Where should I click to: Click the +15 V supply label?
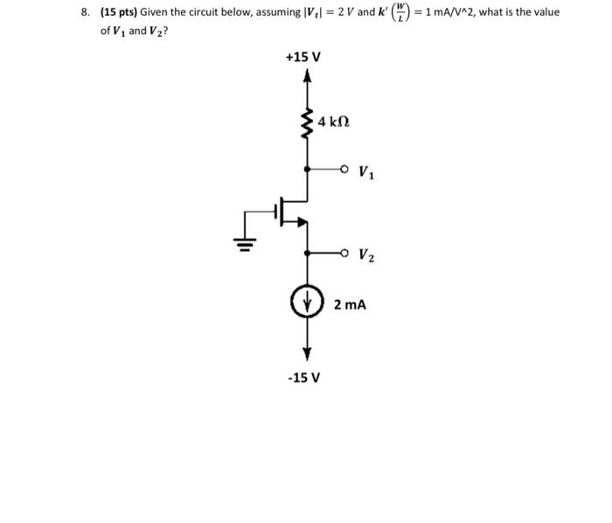[x=303, y=57]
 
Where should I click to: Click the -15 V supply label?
[x=303, y=378]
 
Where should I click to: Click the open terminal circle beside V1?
[x=345, y=169]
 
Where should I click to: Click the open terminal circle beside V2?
[x=345, y=254]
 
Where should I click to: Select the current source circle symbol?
[x=307, y=304]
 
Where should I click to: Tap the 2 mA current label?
[x=350, y=305]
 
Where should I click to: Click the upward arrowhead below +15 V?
[x=307, y=76]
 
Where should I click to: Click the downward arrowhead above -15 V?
[x=307, y=353]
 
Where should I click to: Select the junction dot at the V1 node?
[x=307, y=169]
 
